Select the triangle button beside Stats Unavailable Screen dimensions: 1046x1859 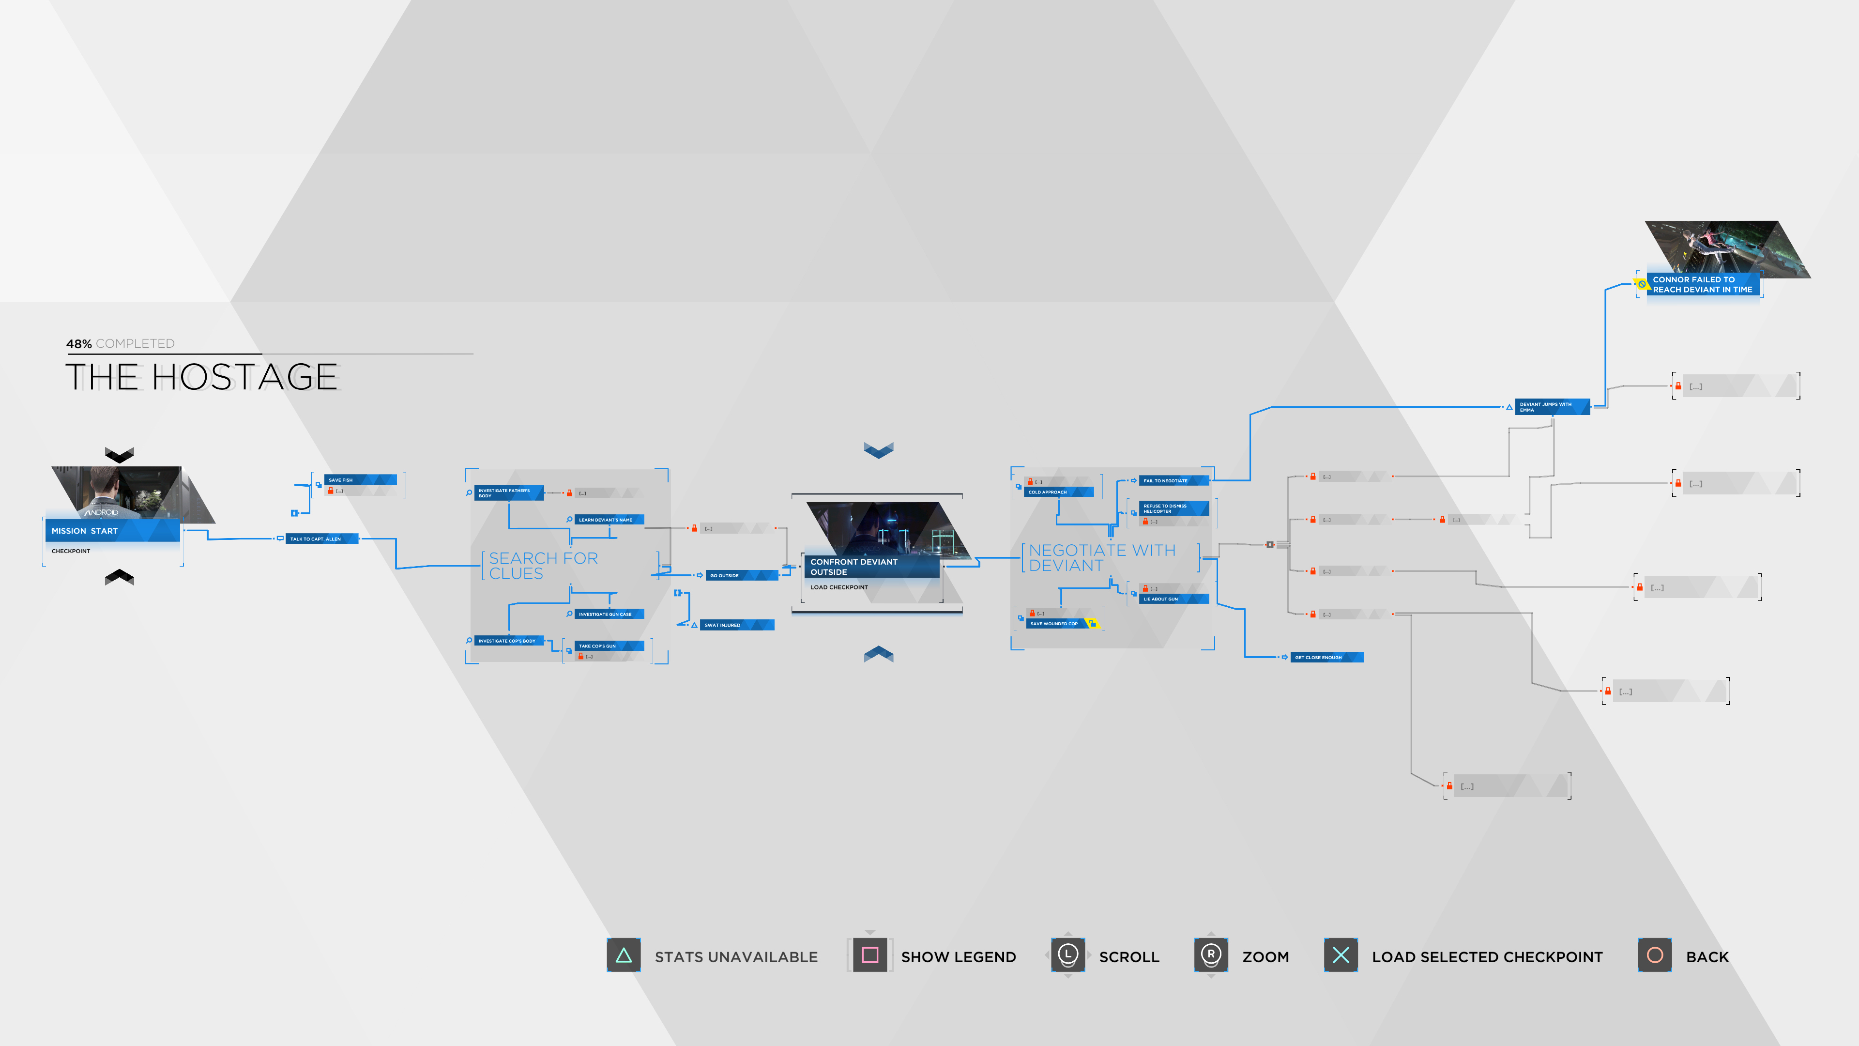point(624,956)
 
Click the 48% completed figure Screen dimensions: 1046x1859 point(78,344)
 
